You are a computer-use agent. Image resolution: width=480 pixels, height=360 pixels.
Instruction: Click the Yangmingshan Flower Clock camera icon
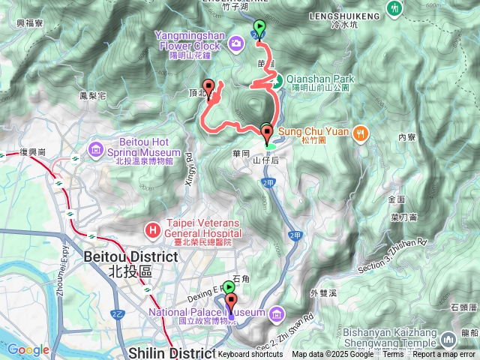tap(236, 44)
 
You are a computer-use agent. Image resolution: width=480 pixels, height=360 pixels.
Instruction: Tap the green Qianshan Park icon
tap(275, 81)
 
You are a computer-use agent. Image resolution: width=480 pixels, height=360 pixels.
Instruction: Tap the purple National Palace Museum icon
tap(277, 312)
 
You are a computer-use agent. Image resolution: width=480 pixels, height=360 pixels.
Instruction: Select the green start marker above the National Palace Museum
tap(228, 287)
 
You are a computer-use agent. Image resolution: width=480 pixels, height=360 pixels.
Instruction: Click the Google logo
tap(28, 349)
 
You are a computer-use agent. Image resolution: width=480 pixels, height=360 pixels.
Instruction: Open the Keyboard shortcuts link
tap(250, 354)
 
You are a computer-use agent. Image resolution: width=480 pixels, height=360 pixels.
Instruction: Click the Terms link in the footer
tap(393, 354)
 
